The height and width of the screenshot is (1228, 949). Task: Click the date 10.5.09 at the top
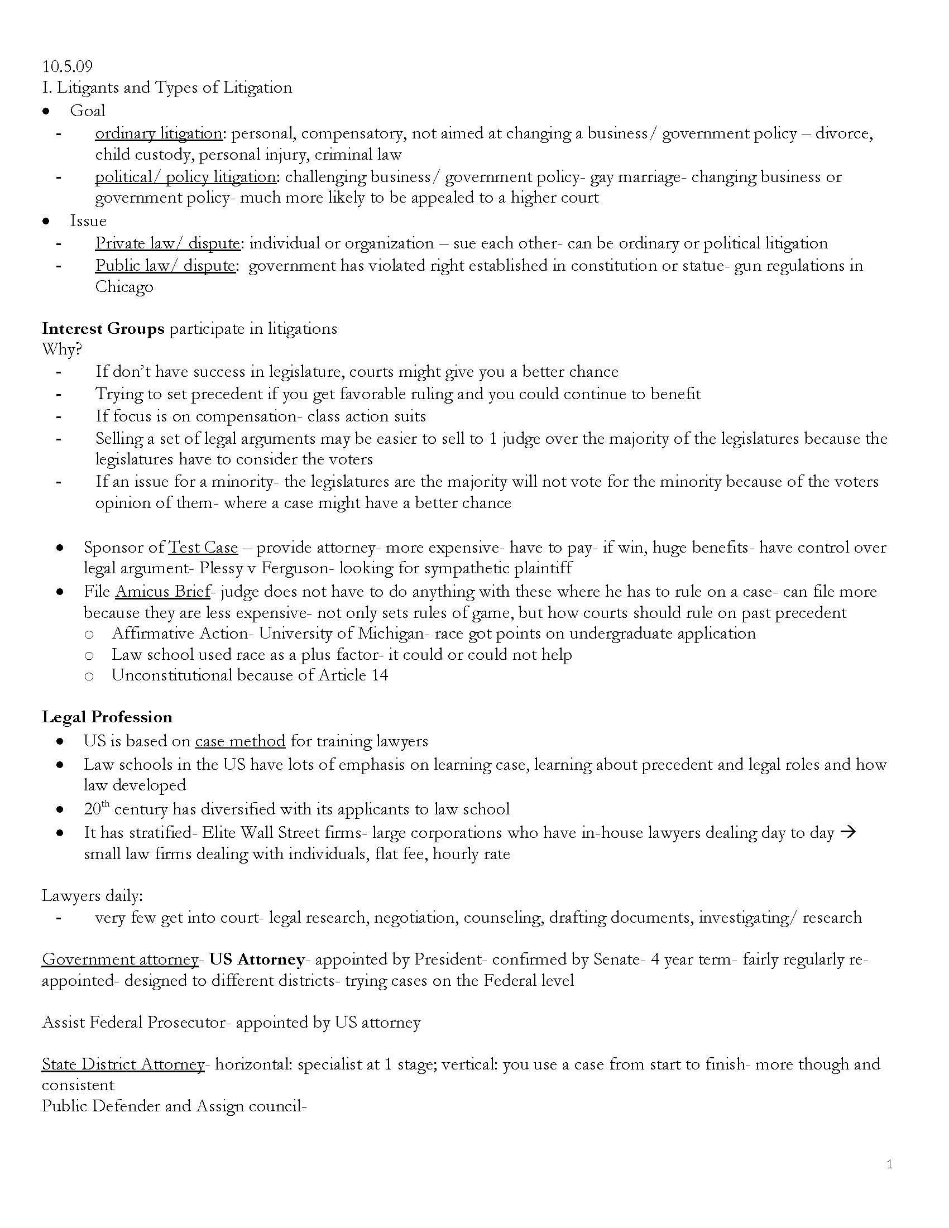click(x=68, y=66)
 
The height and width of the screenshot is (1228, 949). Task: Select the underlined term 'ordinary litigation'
click(x=159, y=133)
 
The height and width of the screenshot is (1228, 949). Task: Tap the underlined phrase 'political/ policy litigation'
click(x=185, y=177)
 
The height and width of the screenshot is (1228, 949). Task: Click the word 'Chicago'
click(x=124, y=287)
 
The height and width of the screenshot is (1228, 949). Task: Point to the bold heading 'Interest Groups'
click(x=103, y=328)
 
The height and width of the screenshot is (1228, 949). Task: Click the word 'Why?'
click(x=62, y=350)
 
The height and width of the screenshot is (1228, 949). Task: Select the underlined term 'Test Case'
click(x=203, y=547)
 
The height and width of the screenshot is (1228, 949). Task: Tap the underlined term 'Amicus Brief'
click(x=162, y=592)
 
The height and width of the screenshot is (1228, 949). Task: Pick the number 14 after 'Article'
click(x=380, y=675)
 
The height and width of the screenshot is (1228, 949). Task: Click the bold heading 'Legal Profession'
click(x=107, y=717)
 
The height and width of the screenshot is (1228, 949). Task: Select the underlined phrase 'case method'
click(x=240, y=741)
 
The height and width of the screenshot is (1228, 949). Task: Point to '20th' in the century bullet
click(x=95, y=809)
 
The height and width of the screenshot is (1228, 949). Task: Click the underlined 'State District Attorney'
click(x=123, y=1064)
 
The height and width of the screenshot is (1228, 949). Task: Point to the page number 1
click(x=889, y=1164)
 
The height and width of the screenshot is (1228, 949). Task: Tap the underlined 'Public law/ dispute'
click(x=165, y=265)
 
